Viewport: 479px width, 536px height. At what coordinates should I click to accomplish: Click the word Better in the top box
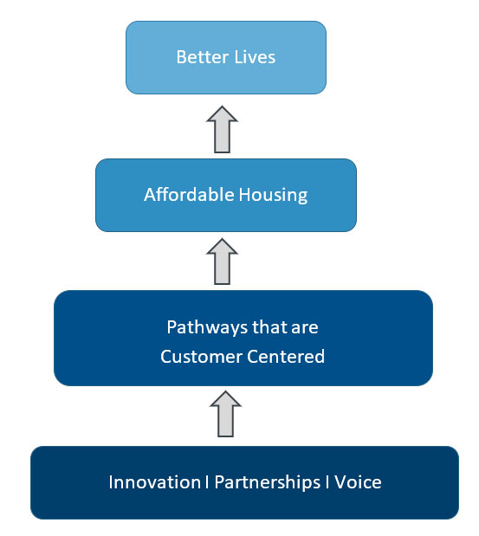coord(203,57)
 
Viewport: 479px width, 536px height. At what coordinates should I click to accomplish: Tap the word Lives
coord(255,57)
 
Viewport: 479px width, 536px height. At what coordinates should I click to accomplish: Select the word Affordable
coord(189,195)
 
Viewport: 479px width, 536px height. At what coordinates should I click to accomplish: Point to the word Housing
coord(273,196)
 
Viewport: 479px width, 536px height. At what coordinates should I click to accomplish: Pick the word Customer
coord(201,357)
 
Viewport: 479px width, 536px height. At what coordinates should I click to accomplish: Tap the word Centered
coord(286,357)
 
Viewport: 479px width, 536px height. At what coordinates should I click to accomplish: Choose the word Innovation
coord(154,482)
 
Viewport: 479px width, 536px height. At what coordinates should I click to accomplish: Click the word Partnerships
coord(268,483)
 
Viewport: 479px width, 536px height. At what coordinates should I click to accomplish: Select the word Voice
coord(358,482)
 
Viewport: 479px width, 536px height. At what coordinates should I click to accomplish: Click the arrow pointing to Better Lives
coord(222,129)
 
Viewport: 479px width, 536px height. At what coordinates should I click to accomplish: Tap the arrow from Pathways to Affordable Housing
coord(222,262)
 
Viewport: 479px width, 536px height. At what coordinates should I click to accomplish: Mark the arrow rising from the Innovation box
coord(226,414)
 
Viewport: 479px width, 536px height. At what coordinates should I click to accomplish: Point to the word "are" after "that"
coord(305,329)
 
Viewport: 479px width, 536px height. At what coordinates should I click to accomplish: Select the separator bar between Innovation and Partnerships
coord(207,482)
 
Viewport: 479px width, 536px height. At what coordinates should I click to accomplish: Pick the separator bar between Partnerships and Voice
coord(327,482)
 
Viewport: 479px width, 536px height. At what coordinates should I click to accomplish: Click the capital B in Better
coord(182,57)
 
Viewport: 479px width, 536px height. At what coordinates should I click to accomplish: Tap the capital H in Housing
coord(244,195)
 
